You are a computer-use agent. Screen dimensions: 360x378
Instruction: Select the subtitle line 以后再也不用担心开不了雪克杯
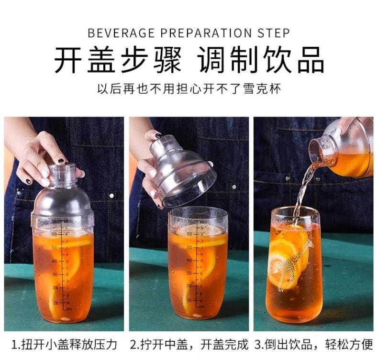tap(189, 89)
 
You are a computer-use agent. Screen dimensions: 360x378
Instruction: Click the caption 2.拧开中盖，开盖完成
tap(190, 344)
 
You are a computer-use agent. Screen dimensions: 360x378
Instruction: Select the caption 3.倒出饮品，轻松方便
tap(314, 344)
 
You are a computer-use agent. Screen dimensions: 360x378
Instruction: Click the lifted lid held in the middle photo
tap(182, 167)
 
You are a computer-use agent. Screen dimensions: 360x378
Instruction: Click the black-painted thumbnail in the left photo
tap(61, 161)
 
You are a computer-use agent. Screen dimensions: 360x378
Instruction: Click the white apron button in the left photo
tap(111, 196)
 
